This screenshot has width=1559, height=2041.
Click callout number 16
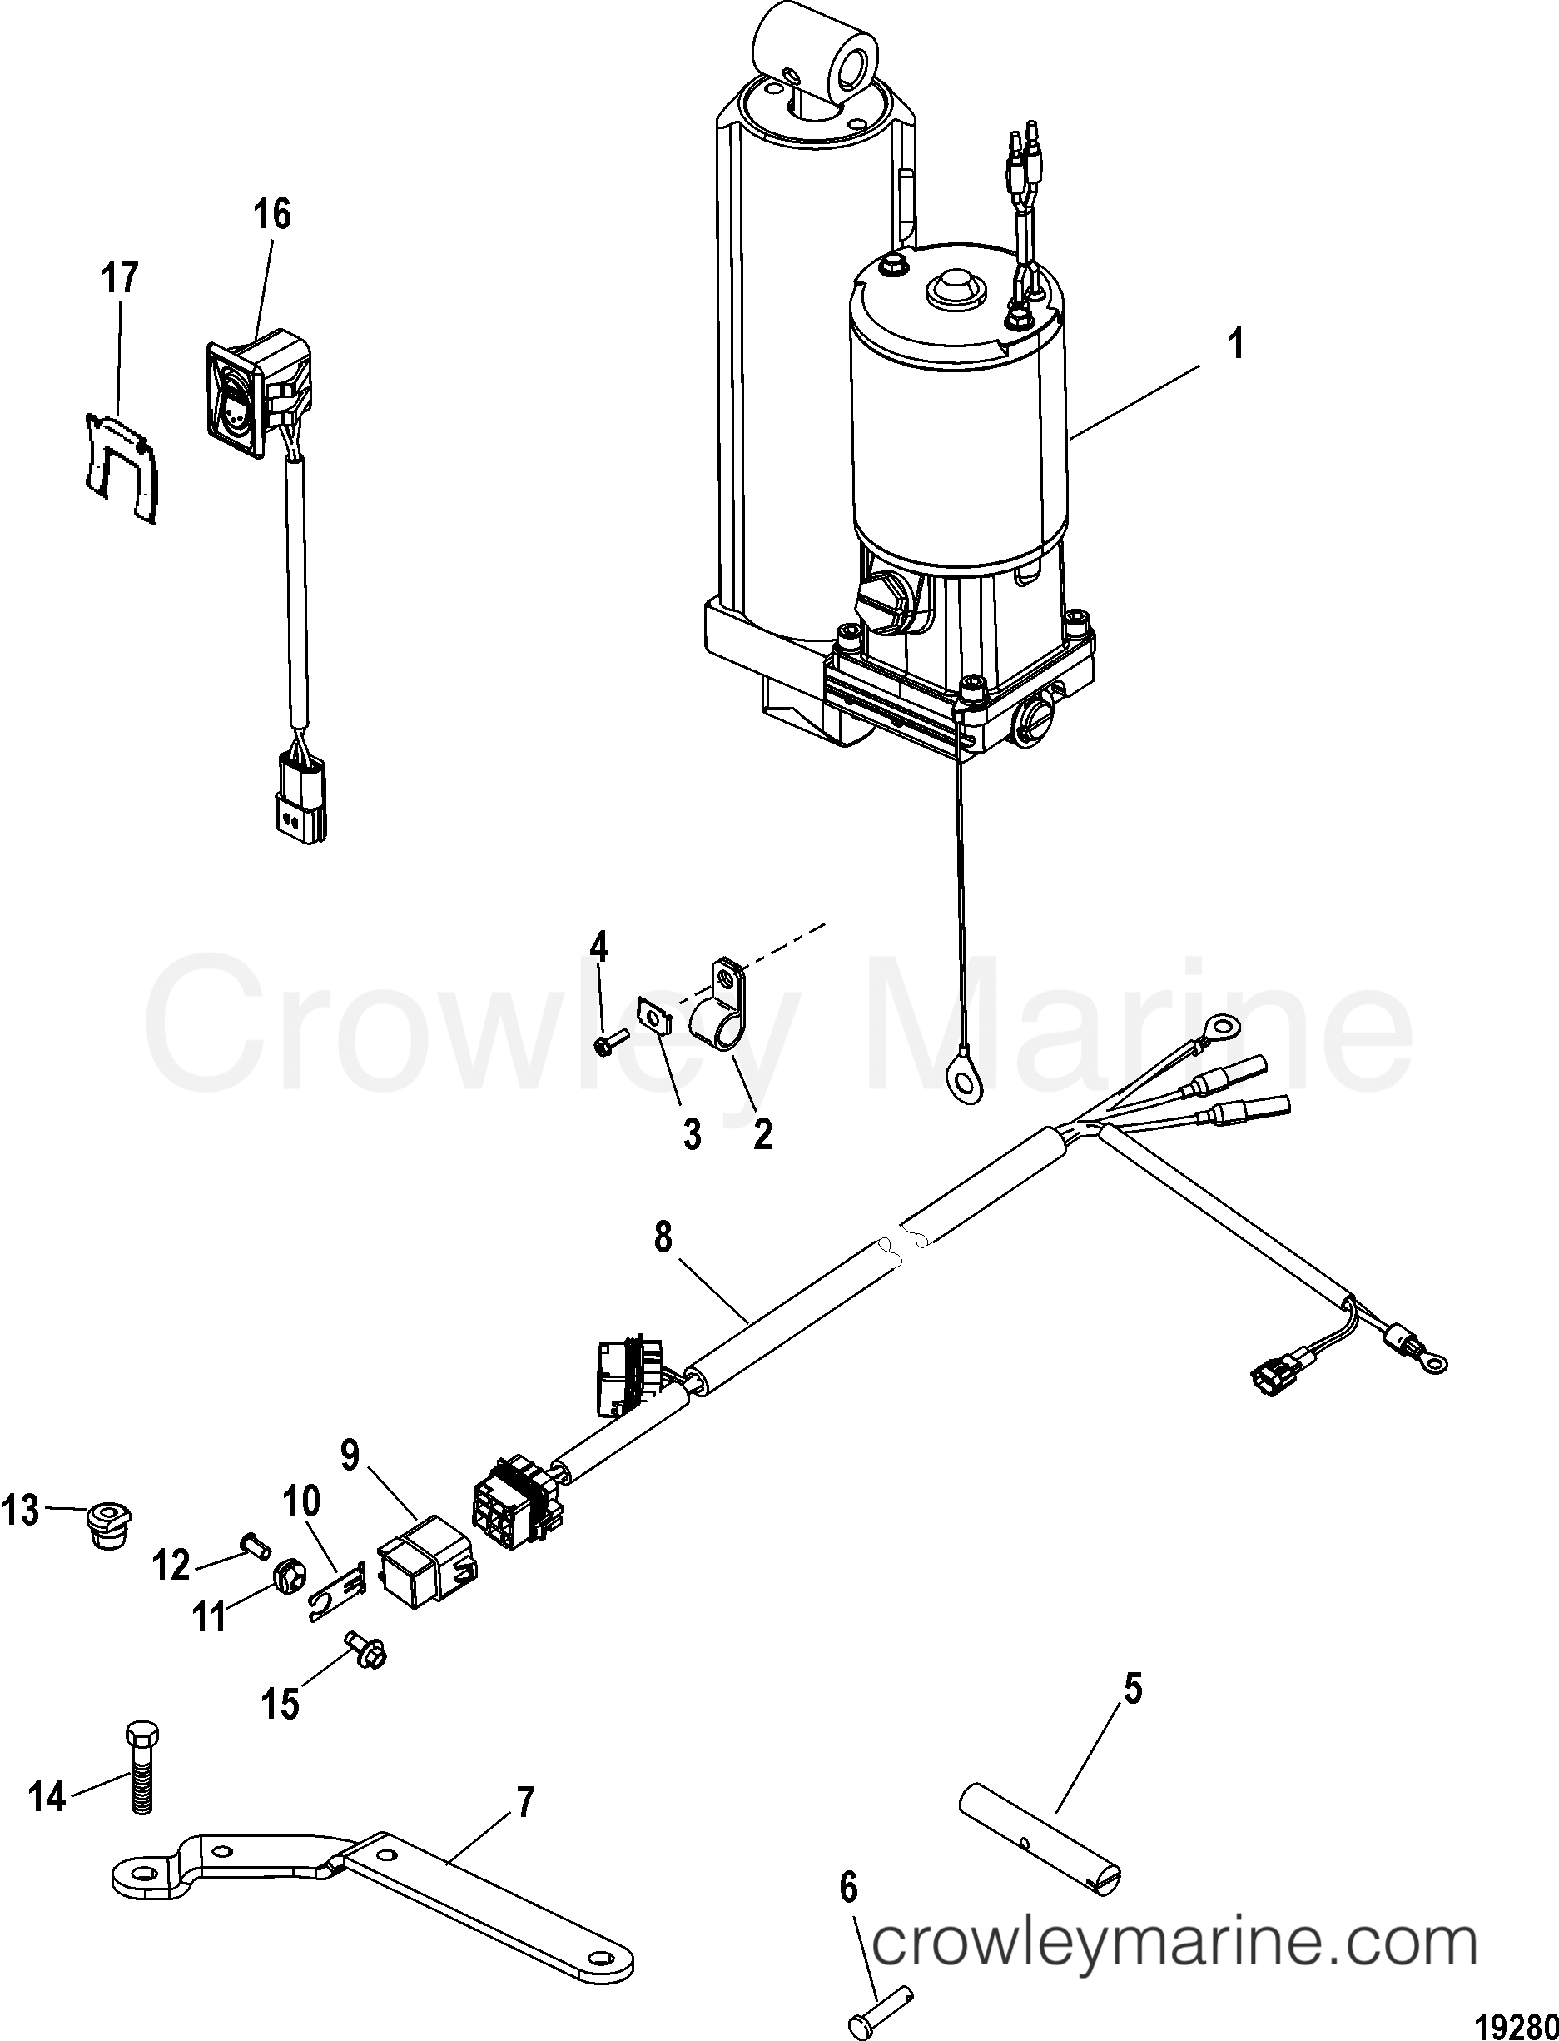click(x=272, y=214)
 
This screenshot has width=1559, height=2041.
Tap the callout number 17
click(x=120, y=278)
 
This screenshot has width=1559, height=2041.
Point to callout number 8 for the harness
click(x=663, y=1238)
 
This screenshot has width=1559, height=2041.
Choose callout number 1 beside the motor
click(x=1235, y=346)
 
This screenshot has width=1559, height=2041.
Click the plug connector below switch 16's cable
click(x=300, y=800)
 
